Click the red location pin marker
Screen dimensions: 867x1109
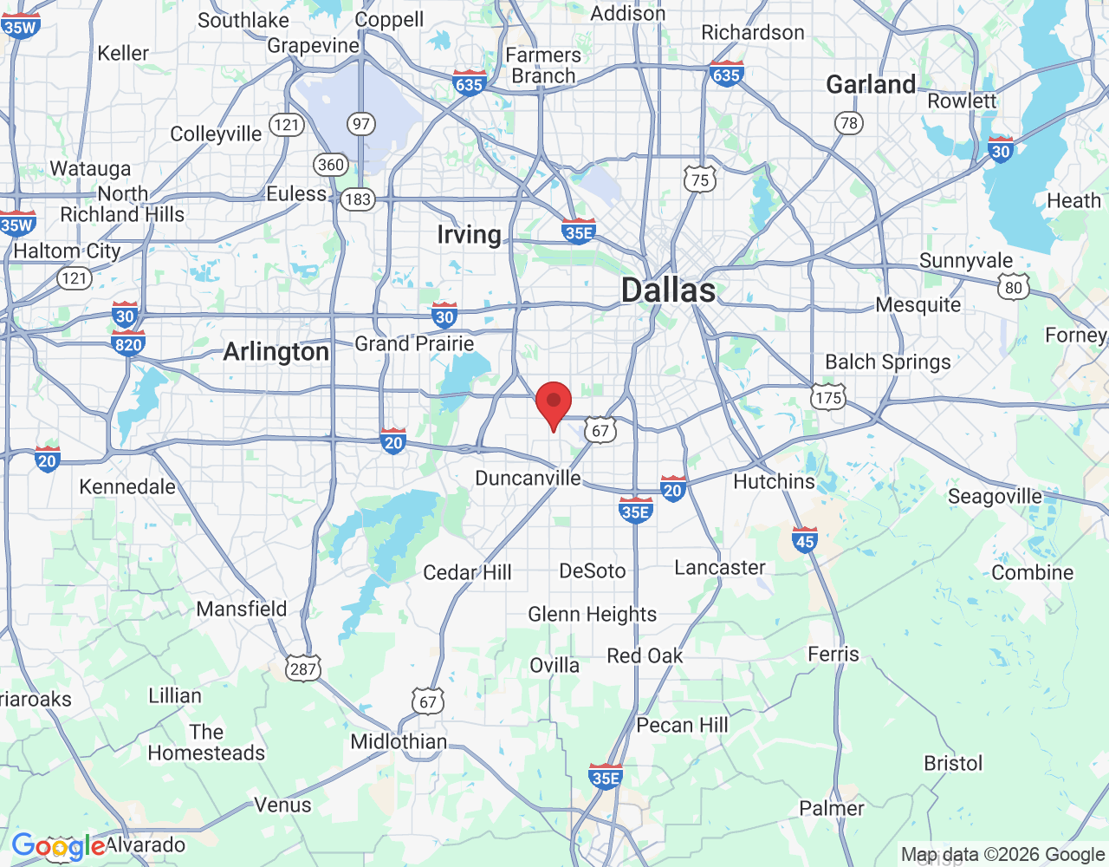pos(554,404)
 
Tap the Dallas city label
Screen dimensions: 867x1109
pos(668,290)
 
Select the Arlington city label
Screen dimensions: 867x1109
pos(276,352)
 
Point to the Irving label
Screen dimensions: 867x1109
pos(469,235)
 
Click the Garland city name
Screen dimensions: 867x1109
pos(870,85)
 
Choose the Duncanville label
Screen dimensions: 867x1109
pos(528,479)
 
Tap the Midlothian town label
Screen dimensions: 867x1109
pos(399,742)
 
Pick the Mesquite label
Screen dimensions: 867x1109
pos(918,305)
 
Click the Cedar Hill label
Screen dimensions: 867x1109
pos(467,572)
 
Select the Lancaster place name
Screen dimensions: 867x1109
pos(720,568)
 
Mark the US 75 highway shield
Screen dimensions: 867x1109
pos(700,179)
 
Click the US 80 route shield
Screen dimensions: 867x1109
pos(1013,287)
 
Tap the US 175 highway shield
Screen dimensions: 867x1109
pos(828,397)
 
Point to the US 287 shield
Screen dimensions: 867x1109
pos(303,668)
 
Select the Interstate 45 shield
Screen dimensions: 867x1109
pos(805,540)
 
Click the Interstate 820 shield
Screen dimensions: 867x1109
pos(128,344)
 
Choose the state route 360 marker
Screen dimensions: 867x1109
pos(331,165)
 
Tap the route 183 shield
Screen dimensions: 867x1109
pos(357,199)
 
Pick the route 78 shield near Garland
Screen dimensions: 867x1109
pos(849,122)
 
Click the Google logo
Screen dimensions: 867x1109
pos(58,846)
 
